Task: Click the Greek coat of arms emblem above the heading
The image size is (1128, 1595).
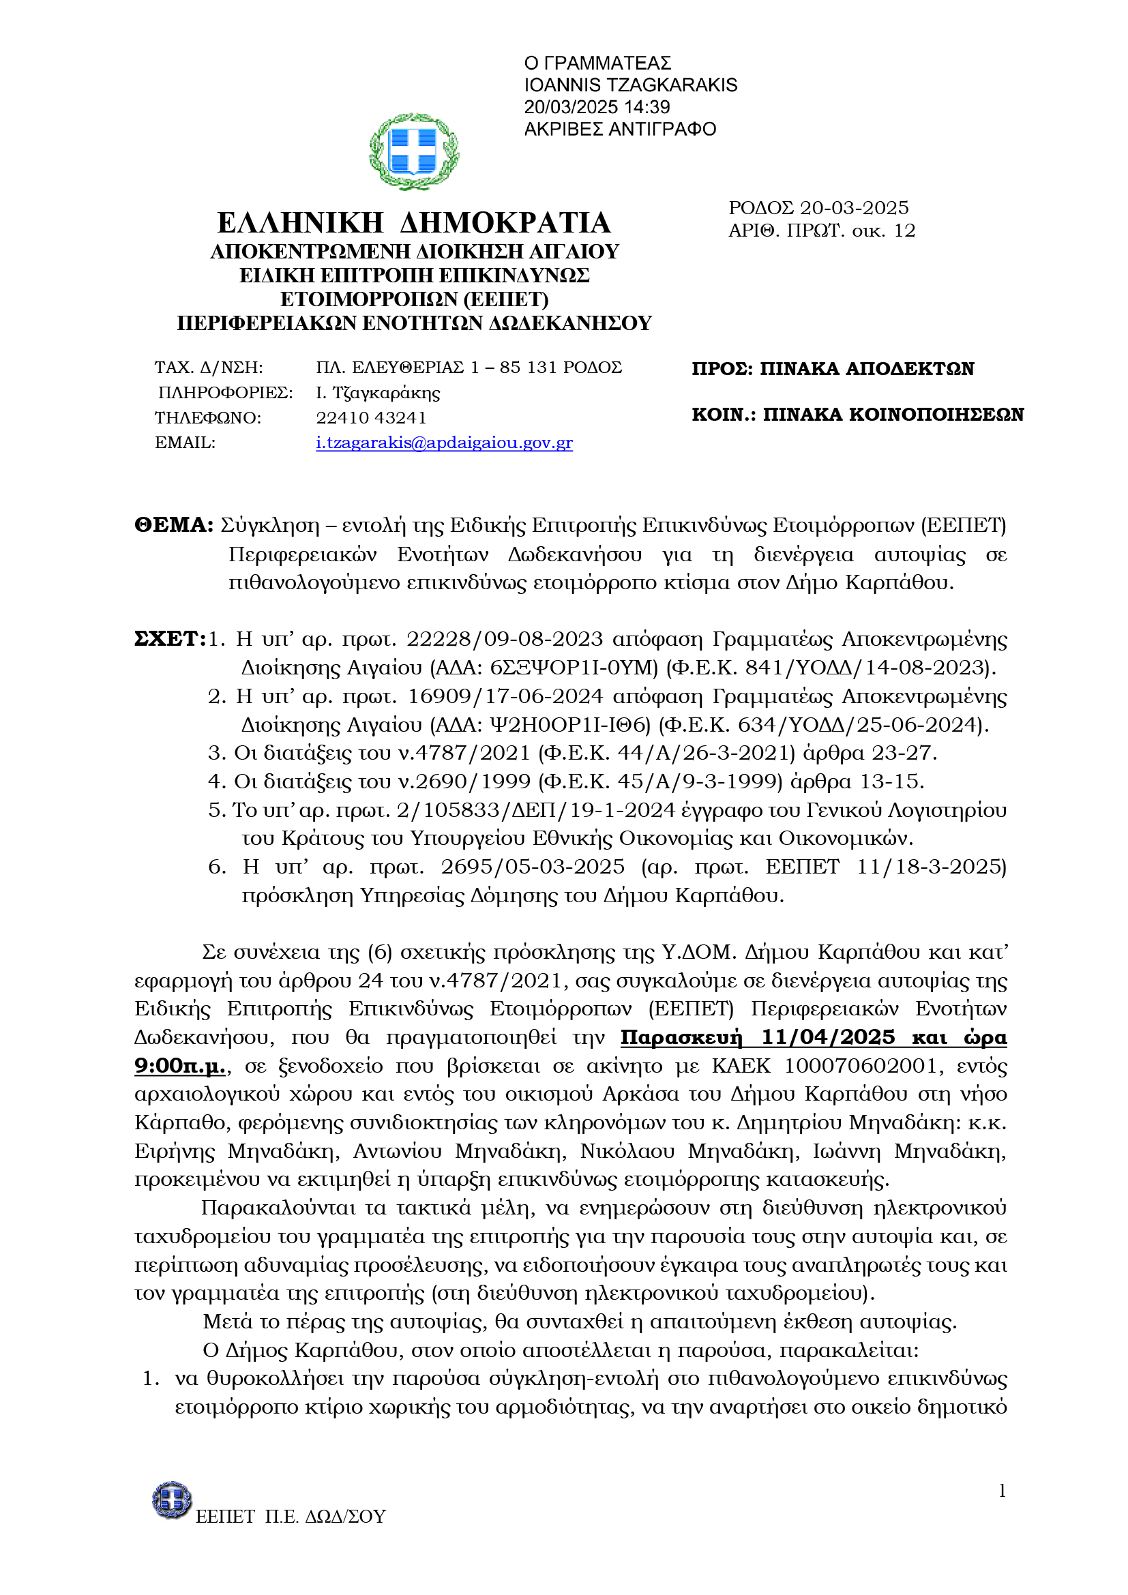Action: click(414, 151)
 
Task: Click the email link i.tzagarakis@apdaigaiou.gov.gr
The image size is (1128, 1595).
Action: click(444, 443)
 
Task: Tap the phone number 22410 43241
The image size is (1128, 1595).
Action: click(371, 417)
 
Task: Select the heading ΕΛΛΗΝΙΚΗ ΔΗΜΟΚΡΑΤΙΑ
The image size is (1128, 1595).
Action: click(414, 223)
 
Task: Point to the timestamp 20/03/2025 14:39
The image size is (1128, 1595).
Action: click(597, 107)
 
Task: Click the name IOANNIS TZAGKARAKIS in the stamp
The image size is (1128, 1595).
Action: click(630, 85)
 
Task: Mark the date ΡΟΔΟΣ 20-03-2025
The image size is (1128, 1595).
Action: click(818, 208)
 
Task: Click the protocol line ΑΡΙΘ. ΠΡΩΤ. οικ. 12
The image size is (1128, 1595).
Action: click(822, 230)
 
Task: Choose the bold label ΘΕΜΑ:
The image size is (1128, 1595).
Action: click(174, 525)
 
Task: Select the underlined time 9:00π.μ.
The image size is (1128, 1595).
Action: click(179, 1066)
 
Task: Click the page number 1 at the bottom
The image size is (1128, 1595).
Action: click(1002, 1490)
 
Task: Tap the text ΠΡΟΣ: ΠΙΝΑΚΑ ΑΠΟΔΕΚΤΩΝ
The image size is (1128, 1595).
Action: click(832, 369)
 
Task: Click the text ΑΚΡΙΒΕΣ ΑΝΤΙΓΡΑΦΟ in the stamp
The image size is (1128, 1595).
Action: click(619, 129)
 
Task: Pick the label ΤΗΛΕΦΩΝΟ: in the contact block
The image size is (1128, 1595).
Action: click(208, 417)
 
